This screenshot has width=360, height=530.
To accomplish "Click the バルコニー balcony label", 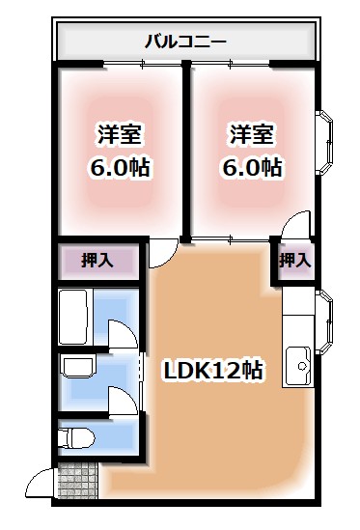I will coord(185,42).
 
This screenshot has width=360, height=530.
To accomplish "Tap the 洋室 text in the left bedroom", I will coord(119,133).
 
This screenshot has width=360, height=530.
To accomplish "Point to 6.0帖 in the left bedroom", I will coord(119,166).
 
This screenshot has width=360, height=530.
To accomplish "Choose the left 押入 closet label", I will coord(97,261).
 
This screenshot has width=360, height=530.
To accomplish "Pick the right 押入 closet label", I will coord(294,260).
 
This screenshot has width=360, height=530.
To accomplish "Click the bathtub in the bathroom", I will coord(76,314).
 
